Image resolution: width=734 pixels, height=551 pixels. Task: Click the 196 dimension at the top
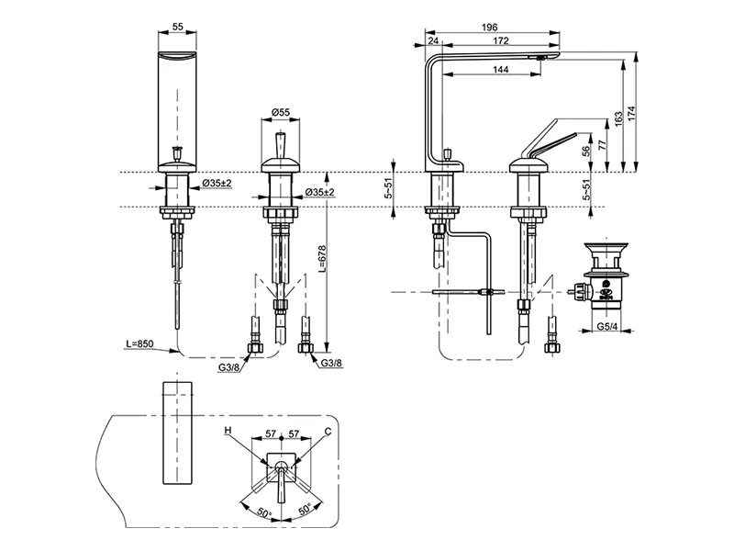point(490,28)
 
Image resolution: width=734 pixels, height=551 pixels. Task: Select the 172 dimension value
point(501,40)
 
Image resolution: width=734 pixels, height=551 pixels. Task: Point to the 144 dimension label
point(501,70)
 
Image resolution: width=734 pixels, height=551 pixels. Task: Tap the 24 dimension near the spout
point(433,40)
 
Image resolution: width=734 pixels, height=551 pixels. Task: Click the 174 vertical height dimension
point(632,112)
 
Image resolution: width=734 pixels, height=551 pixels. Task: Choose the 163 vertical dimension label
point(618,118)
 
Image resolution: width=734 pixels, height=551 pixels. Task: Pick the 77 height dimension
point(603,145)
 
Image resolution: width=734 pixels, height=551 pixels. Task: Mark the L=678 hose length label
point(322,259)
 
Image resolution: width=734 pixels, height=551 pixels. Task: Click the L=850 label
point(139,343)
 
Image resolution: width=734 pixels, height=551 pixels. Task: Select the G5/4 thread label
point(606,327)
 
